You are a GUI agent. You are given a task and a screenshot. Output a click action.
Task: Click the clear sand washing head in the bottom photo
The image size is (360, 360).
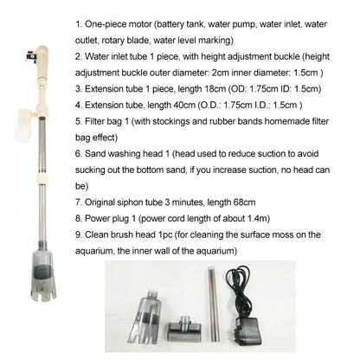pyautogui.click(x=145, y=317)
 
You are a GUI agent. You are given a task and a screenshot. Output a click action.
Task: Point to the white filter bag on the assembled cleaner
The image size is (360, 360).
pyautogui.click(x=24, y=126)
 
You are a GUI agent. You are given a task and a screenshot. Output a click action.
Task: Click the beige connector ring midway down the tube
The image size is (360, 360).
pyautogui.click(x=42, y=179)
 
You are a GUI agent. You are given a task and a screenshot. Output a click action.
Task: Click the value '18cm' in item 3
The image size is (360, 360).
pyautogui.click(x=215, y=88)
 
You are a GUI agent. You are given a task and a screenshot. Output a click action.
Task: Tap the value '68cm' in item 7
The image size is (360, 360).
pyautogui.click(x=244, y=202)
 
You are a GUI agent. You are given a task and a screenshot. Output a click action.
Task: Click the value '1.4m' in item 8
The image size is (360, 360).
pyautogui.click(x=258, y=218)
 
